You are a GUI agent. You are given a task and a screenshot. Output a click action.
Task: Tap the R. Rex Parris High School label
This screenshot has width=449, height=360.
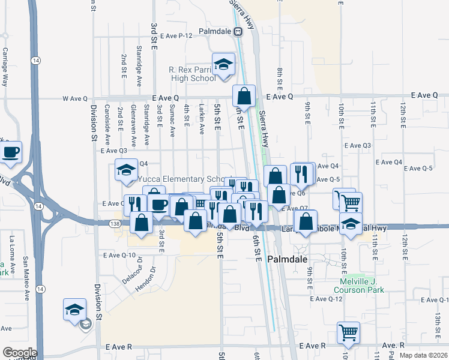click(192, 74)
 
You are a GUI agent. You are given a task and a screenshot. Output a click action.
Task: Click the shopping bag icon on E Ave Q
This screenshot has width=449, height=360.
click(244, 95)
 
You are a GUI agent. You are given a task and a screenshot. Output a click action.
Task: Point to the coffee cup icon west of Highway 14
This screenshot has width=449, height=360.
click(11, 151)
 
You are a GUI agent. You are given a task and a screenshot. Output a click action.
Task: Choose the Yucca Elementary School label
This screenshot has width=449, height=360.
click(180, 179)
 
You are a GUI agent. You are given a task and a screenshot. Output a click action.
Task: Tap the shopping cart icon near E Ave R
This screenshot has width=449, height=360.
click(349, 332)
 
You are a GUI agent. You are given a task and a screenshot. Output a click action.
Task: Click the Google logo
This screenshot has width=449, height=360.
click(19, 353)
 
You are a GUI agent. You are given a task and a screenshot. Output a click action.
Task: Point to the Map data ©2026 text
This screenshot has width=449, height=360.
click(422, 355)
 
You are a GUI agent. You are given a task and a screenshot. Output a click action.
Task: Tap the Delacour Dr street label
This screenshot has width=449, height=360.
click(133, 270)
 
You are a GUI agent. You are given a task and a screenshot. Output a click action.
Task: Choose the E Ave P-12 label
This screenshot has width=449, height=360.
click(176, 35)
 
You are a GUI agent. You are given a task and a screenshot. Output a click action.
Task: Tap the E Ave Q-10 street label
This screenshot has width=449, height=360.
click(119, 255)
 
